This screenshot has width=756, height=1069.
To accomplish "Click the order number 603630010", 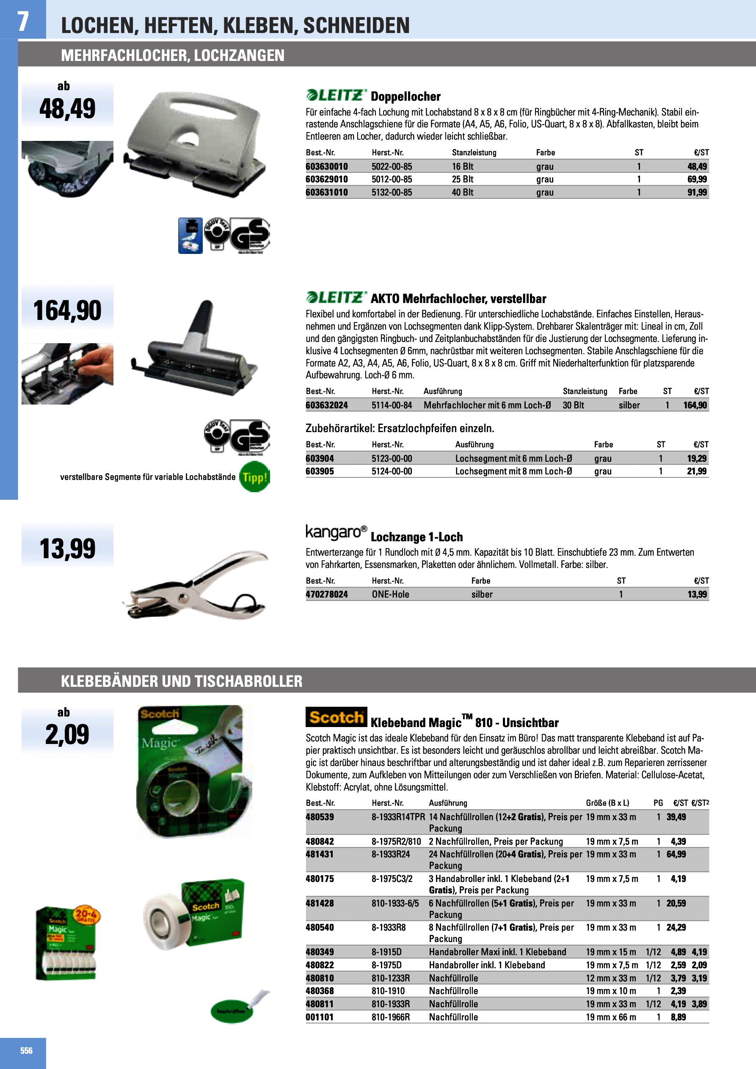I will coord(326,166).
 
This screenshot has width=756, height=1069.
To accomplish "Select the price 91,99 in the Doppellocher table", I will coord(697,192).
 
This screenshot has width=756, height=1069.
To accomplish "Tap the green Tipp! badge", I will coord(254,477).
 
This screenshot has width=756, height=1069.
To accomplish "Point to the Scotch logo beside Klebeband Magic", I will coord(336,717).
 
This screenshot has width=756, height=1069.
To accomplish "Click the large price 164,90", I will coord(67,311).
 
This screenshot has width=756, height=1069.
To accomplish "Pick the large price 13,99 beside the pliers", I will coord(67,548).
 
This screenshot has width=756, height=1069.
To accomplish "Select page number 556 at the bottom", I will coord(27,1050).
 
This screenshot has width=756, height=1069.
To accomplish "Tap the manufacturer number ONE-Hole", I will coord(390,594).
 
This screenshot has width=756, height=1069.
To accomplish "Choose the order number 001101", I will coord(320,1017).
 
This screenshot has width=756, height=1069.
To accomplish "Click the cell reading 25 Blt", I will coord(463,179).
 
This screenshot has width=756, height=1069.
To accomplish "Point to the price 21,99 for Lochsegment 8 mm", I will coord(697,471).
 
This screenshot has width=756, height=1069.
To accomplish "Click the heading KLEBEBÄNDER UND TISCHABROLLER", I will coord(182,681).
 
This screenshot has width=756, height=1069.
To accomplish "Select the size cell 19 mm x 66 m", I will coord(611,1017).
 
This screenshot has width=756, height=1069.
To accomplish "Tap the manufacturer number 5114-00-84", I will coord(392,405).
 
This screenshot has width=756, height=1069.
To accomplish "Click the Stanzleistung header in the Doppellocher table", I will coord(474,152).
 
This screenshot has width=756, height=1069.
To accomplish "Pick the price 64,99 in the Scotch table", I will coord(676,854).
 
